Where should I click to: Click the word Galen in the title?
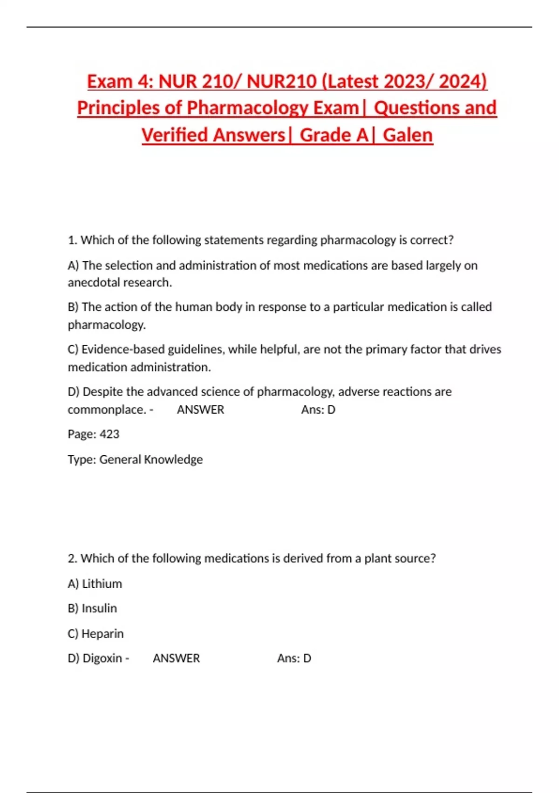(408, 135)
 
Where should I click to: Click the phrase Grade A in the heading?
(334, 135)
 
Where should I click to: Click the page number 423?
(109, 434)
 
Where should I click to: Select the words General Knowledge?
(151, 459)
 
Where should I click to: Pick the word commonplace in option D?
(107, 410)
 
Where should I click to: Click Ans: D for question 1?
(318, 410)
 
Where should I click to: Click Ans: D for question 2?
(294, 658)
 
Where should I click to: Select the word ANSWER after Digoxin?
(176, 658)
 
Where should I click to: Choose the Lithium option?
(102, 584)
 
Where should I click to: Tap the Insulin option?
(99, 608)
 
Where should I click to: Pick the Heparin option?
(102, 634)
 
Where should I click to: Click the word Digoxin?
(102, 658)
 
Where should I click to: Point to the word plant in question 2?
(378, 558)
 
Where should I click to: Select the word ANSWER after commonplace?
(200, 410)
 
